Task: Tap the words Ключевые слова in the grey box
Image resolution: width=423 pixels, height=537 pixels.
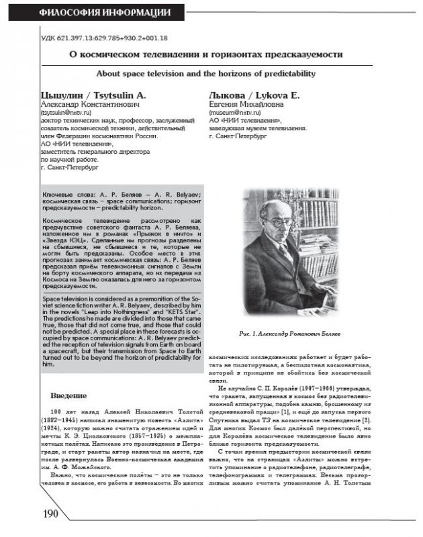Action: click(x=64, y=194)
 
